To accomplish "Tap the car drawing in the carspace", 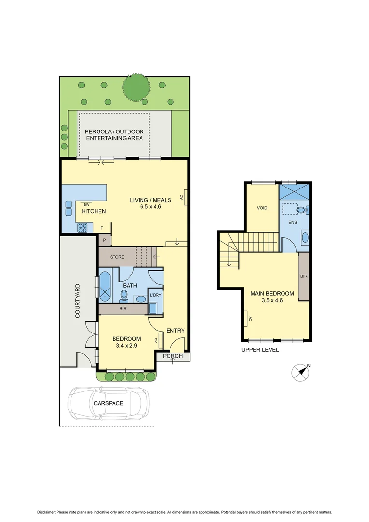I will coord(109,403).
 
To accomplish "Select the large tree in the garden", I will coord(135,87).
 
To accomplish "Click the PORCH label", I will coord(172,357).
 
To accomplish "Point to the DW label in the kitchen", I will coord(86,204).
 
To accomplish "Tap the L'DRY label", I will coord(155,295).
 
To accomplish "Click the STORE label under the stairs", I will coord(117,257).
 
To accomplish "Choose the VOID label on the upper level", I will coord(262,208).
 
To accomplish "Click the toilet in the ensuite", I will coord(303,210).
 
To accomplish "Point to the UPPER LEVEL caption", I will coord(260,350).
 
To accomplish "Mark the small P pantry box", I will coord(104,240).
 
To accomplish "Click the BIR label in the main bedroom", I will coord(303,276).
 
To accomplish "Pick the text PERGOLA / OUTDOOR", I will coord(114,131).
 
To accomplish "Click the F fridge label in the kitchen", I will coord(101,228).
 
